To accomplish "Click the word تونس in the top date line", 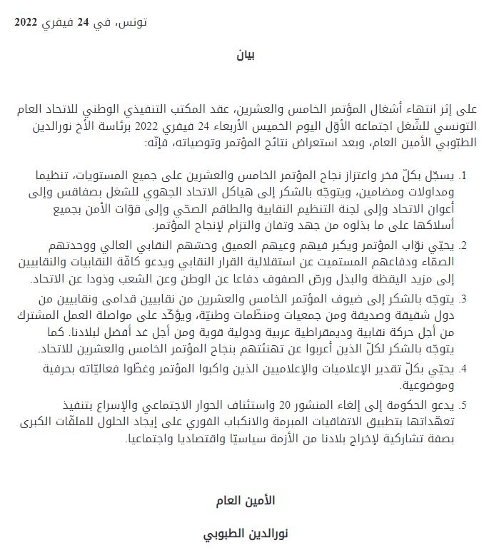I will (x=133, y=22).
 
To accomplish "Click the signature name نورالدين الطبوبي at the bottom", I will (x=245, y=533).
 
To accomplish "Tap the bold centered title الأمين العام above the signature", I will (x=245, y=501).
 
